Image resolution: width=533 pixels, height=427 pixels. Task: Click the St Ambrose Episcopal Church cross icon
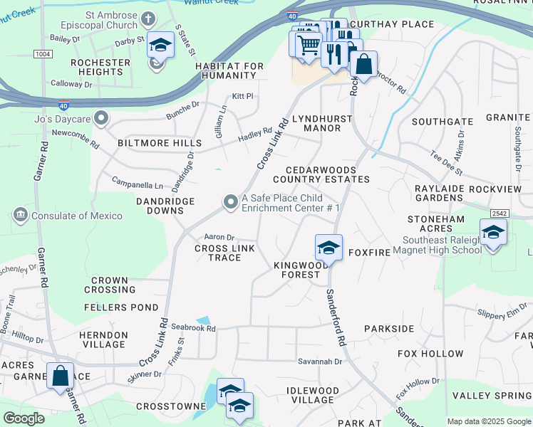click(x=148, y=19)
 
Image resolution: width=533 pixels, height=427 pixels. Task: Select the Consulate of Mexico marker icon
click(x=19, y=215)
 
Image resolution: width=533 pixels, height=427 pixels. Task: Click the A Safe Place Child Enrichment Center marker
click(x=230, y=203)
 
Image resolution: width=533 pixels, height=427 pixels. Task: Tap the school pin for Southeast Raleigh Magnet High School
click(x=493, y=233)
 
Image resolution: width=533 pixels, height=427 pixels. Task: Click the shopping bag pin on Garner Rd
click(x=60, y=375)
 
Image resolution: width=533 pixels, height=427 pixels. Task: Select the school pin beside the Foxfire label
click(x=328, y=248)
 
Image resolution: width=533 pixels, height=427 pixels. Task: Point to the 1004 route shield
click(x=43, y=53)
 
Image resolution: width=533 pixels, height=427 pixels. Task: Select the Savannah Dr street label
click(x=320, y=362)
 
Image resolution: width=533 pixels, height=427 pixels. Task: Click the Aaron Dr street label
click(x=219, y=237)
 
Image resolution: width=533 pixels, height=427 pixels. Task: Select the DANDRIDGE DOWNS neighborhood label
click(x=165, y=206)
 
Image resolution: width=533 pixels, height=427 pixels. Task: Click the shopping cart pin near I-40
click(x=308, y=45)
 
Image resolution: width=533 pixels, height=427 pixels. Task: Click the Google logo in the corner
click(x=24, y=418)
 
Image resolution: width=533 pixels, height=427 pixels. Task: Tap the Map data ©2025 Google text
click(x=489, y=421)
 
